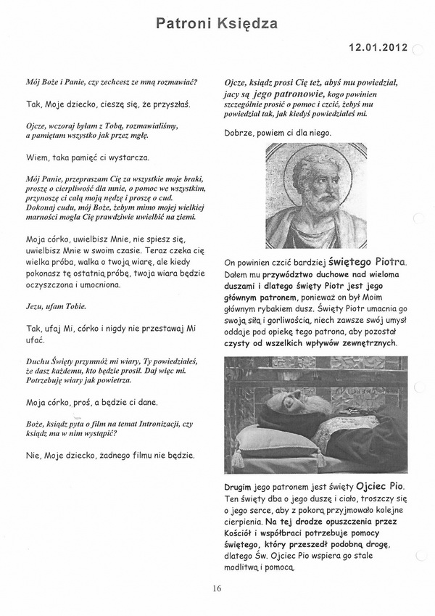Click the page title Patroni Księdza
(x=217, y=25)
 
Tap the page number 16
(x=217, y=588)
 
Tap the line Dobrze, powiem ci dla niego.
(x=278, y=134)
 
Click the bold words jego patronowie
(x=282, y=94)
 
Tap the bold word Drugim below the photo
(x=241, y=486)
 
